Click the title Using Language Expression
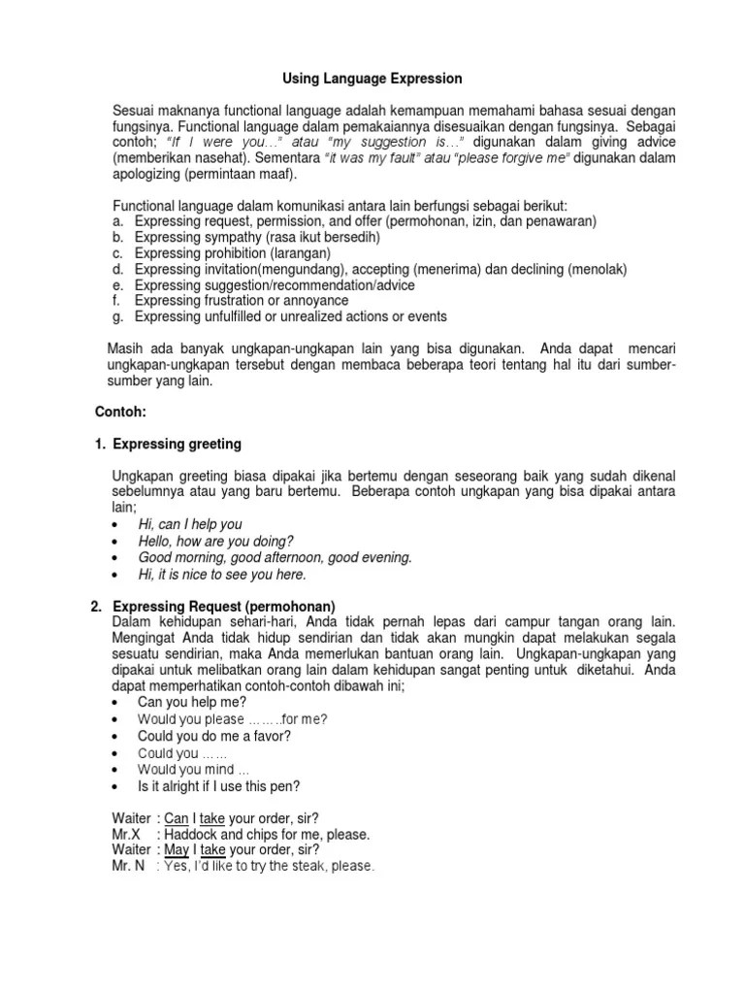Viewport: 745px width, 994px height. [x=372, y=78]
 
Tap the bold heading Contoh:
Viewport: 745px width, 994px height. [x=120, y=412]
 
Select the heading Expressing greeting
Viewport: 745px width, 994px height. [x=177, y=444]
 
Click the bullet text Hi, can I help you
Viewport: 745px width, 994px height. [x=190, y=524]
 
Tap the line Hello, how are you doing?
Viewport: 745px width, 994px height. [x=215, y=541]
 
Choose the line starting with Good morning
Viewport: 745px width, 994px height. [x=275, y=557]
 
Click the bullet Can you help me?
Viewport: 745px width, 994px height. [x=192, y=702]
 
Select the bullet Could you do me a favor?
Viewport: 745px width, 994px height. [x=214, y=736]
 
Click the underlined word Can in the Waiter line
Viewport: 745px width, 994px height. [x=176, y=818]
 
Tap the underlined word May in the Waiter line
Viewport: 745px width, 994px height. [x=177, y=849]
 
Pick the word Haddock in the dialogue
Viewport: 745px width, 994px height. [x=191, y=834]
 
